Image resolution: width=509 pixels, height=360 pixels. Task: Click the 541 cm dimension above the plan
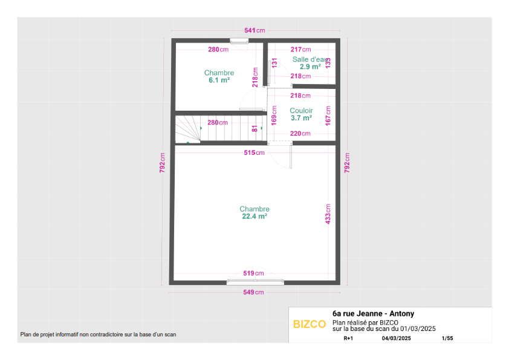pyautogui.click(x=254, y=30)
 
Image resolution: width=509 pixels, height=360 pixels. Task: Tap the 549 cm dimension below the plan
pyautogui.click(x=253, y=292)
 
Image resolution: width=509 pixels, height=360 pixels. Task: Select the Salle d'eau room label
pyautogui.click(x=310, y=59)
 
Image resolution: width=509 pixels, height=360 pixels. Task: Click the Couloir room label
pyautogui.click(x=301, y=111)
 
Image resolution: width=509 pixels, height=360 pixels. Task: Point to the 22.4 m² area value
pyautogui.click(x=254, y=217)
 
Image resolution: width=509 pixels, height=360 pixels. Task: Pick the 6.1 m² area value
pyautogui.click(x=219, y=80)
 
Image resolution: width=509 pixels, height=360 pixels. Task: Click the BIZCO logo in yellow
pyautogui.click(x=310, y=324)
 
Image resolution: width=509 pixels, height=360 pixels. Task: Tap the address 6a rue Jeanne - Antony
pyautogui.click(x=374, y=313)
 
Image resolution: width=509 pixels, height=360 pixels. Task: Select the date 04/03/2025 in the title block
pyautogui.click(x=396, y=338)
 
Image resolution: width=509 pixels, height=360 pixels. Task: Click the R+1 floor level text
pyautogui.click(x=348, y=338)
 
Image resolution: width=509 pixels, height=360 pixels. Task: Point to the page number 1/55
pyautogui.click(x=447, y=338)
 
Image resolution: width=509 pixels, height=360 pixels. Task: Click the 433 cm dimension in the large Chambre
pyautogui.click(x=328, y=214)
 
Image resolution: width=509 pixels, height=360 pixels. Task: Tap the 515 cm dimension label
pyautogui.click(x=254, y=152)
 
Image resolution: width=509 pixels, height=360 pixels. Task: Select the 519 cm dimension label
pyautogui.click(x=253, y=273)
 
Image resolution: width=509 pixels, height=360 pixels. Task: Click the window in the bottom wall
pyautogui.click(x=255, y=282)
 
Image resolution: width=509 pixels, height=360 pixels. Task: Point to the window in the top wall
pyautogui.click(x=239, y=41)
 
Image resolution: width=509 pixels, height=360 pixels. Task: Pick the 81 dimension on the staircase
pyautogui.click(x=255, y=129)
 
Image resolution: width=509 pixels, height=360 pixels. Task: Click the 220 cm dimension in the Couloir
pyautogui.click(x=300, y=133)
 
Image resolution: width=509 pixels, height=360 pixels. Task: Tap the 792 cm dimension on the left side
pyautogui.click(x=162, y=163)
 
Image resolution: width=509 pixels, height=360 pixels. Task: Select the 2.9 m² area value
pyautogui.click(x=310, y=67)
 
